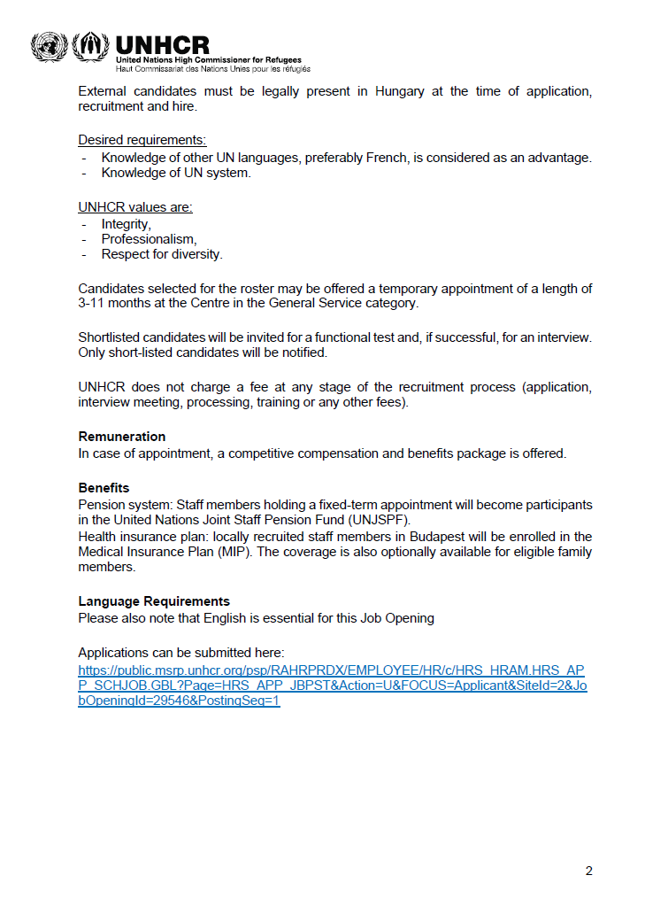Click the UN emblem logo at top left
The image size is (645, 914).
tap(48, 46)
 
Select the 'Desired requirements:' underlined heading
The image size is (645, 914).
tap(142, 140)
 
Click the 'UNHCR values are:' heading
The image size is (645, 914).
tap(135, 207)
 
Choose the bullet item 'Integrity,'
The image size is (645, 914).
tap(126, 224)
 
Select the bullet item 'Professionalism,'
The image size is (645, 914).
tap(149, 239)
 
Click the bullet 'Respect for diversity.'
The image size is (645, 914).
tap(162, 254)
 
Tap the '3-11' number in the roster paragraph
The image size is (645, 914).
tap(93, 303)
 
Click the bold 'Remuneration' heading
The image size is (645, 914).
tap(122, 437)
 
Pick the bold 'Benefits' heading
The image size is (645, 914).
tap(104, 488)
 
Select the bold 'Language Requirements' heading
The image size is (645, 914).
tap(154, 601)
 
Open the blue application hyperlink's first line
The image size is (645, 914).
tap(331, 670)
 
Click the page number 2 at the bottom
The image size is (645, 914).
tap(589, 871)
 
